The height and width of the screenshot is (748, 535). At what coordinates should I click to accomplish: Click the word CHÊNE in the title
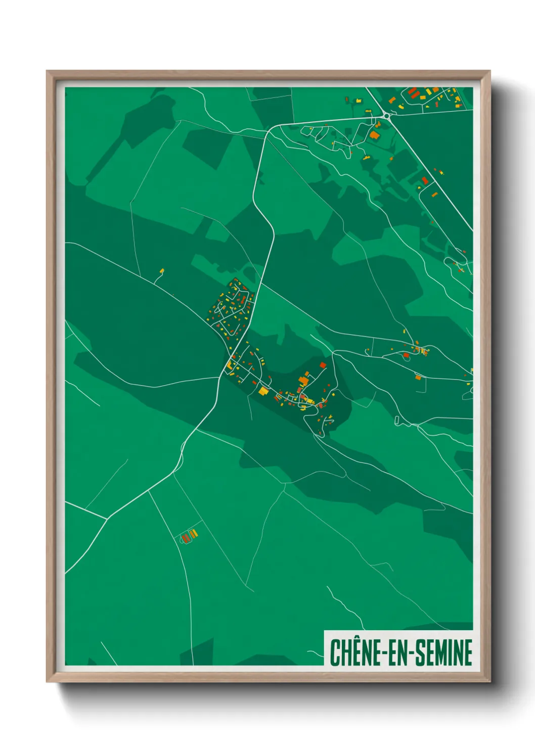(353, 652)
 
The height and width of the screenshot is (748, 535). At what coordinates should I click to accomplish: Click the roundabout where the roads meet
(387, 116)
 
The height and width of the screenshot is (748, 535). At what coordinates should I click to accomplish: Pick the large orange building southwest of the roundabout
(374, 135)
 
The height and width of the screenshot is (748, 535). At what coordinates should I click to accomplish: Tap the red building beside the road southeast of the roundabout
(425, 180)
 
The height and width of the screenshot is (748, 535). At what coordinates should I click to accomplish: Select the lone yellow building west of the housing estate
(162, 271)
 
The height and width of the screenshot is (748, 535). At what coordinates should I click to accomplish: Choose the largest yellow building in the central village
(263, 390)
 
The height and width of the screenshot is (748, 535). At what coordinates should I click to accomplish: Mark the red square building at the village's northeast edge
(323, 365)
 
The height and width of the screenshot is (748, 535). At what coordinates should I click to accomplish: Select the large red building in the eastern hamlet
(406, 355)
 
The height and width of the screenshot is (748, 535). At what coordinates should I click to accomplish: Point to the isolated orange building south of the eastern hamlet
(418, 377)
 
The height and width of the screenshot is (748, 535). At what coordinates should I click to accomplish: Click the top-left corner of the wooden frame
(47, 71)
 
